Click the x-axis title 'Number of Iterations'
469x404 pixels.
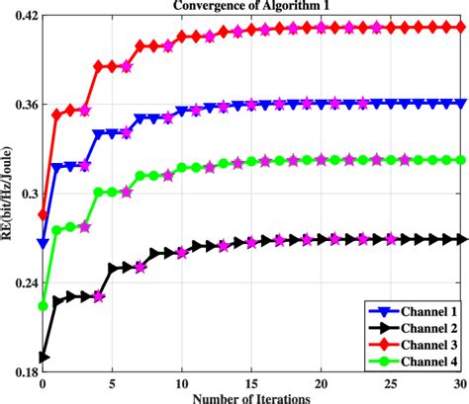click(x=253, y=396)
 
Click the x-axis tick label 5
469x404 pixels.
click(x=113, y=382)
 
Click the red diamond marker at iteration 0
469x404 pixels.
click(x=43, y=214)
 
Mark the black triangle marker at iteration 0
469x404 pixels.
click(x=43, y=357)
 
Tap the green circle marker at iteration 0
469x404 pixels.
click(x=43, y=306)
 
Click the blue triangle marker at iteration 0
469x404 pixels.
click(x=43, y=242)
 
